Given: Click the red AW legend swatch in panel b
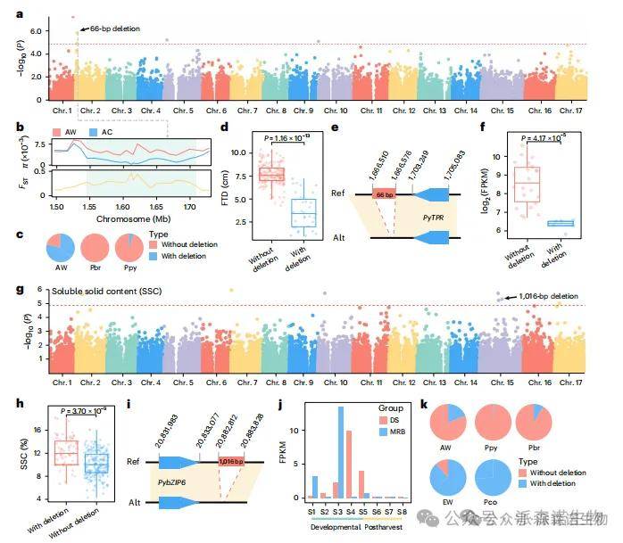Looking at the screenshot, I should coord(58,130).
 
